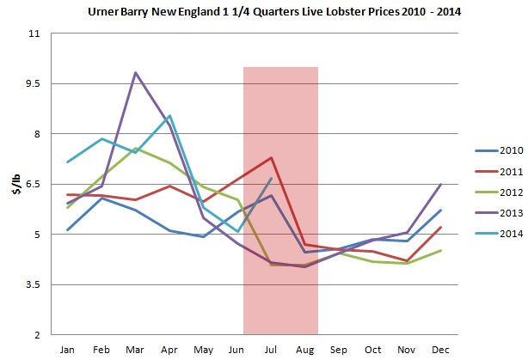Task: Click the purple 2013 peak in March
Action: (x=135, y=73)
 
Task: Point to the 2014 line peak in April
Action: (x=170, y=115)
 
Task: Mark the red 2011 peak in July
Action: (x=272, y=157)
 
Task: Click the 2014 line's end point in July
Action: (x=272, y=178)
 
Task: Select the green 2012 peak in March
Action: (x=135, y=148)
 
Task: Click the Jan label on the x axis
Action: (x=67, y=349)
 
